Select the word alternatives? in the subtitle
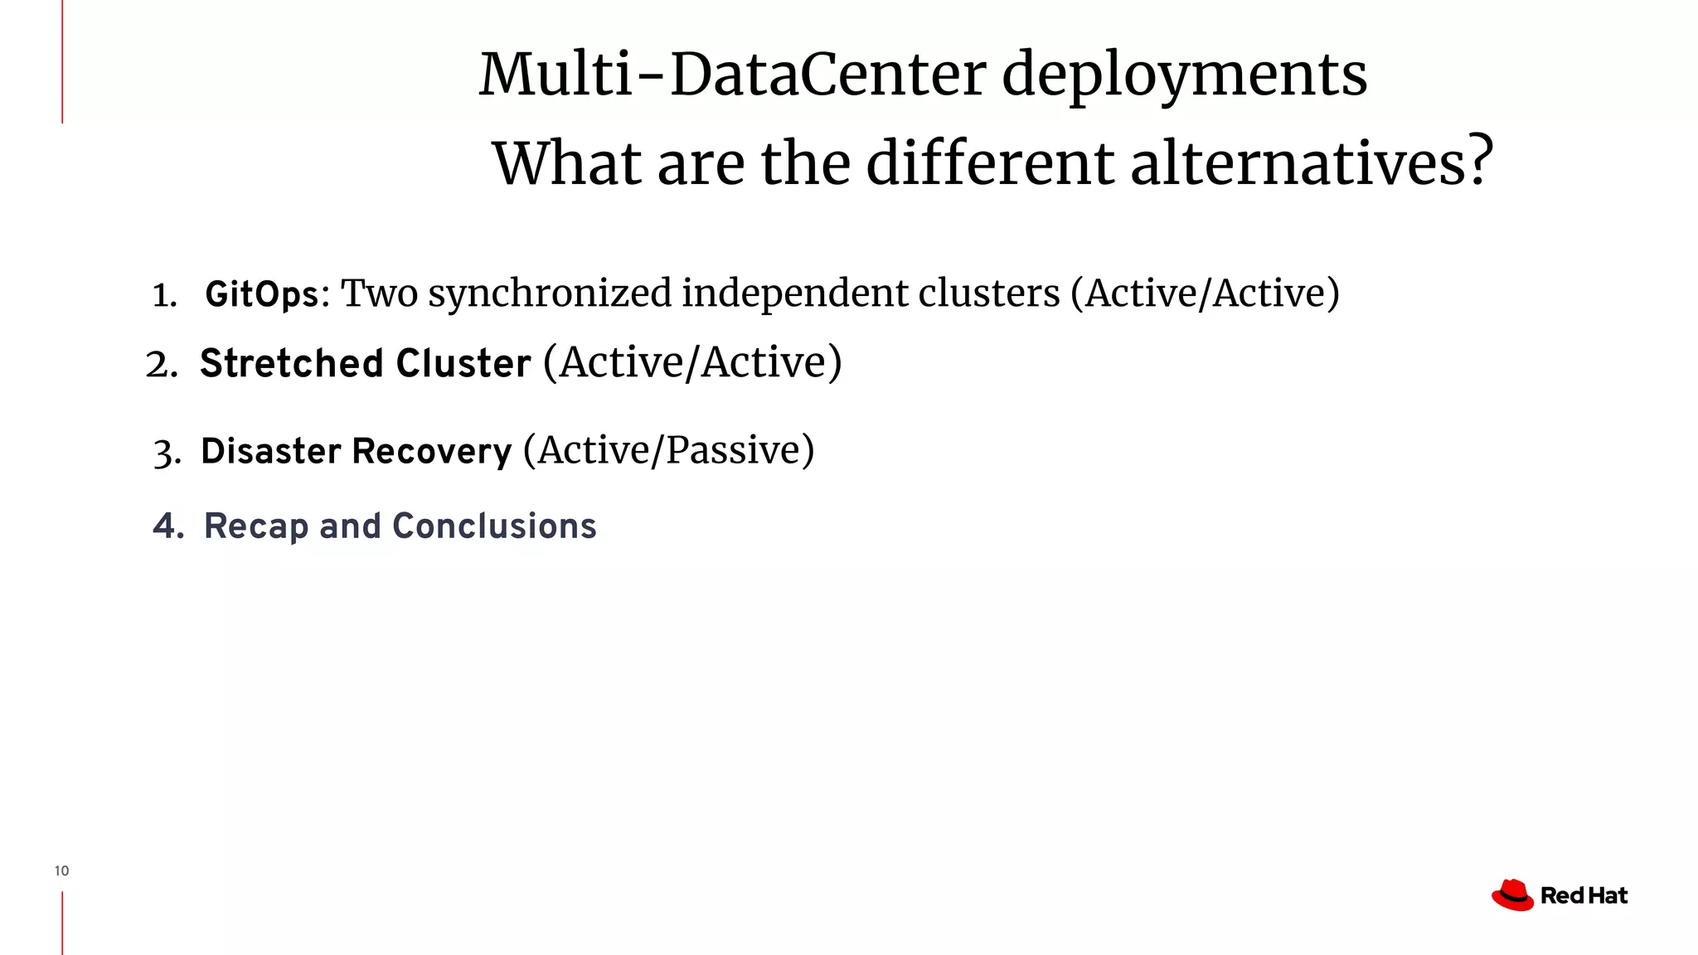[x=1312, y=162]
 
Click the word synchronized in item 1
[x=550, y=293]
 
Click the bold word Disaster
[x=270, y=451]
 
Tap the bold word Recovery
[x=432, y=451]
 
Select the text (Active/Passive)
[x=668, y=450]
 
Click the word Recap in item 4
[x=256, y=526]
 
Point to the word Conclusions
[x=494, y=526]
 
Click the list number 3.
[x=166, y=453]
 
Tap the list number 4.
[x=167, y=526]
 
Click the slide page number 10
[x=61, y=870]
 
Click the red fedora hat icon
[x=1512, y=895]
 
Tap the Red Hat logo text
[x=1584, y=896]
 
